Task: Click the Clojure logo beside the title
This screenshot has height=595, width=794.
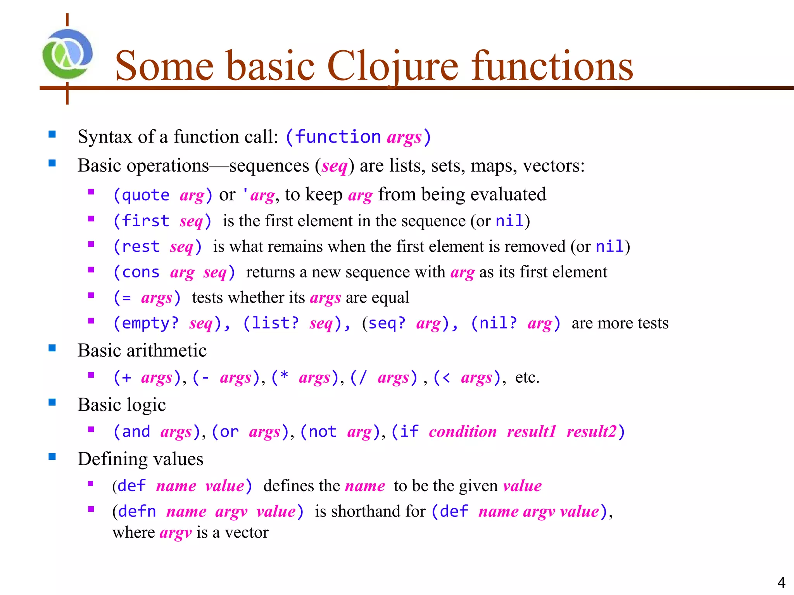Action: coord(67,54)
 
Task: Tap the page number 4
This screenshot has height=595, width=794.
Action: coord(781,582)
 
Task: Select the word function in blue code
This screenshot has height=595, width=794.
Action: coord(338,137)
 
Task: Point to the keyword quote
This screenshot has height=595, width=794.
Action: coord(145,195)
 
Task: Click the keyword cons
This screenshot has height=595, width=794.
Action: coord(140,272)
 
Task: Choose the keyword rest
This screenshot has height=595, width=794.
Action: coord(140,247)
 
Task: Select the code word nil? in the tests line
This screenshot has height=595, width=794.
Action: coord(498,323)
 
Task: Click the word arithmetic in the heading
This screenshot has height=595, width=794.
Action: coord(166,351)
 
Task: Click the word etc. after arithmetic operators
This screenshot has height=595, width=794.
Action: coord(527,377)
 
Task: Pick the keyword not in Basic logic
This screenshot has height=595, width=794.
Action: coord(322,432)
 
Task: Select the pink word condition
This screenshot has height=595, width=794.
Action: coord(463,432)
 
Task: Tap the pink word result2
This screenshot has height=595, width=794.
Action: coord(591,432)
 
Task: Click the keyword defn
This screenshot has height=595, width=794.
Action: coord(137,511)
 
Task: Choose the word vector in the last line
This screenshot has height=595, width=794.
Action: coord(247,533)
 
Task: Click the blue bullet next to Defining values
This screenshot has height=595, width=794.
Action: coord(52,456)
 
